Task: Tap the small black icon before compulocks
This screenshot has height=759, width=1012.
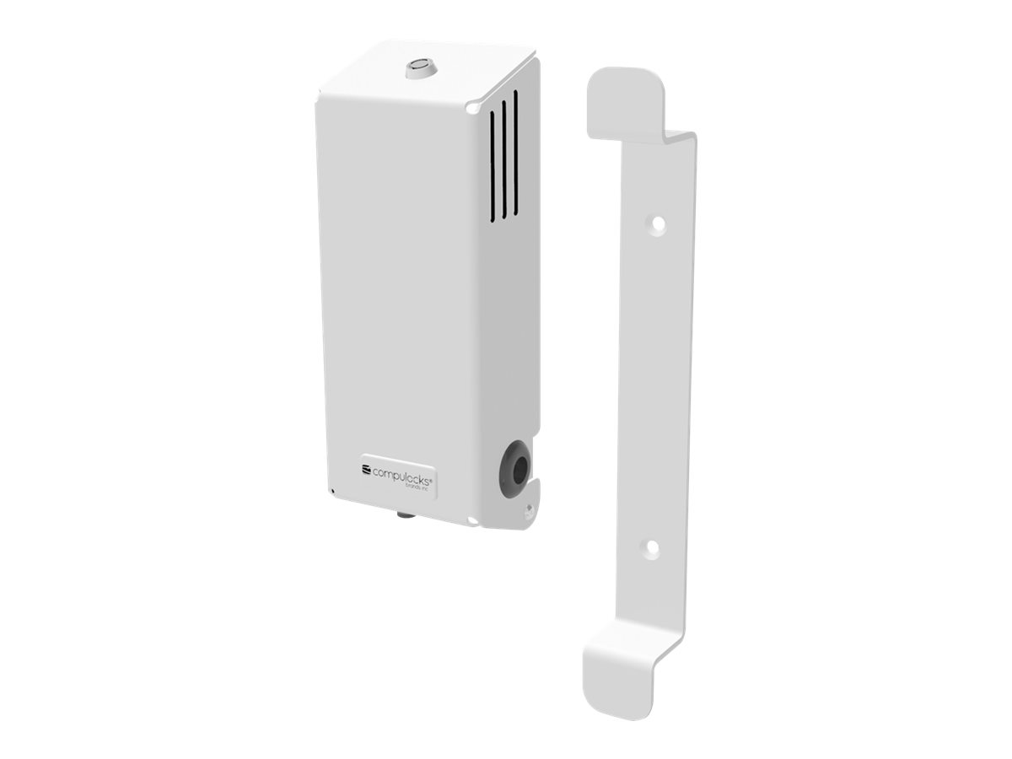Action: point(366,469)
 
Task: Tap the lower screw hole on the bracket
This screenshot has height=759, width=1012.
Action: point(650,546)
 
